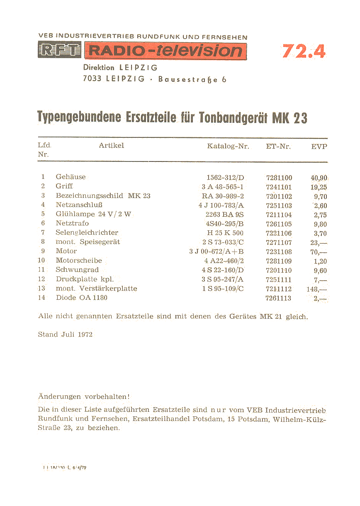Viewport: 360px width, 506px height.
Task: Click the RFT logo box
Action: [x=59, y=51]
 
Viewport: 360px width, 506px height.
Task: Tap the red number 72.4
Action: [x=304, y=51]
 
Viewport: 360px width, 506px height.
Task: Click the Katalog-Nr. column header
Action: [x=228, y=146]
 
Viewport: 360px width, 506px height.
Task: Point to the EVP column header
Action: [x=319, y=146]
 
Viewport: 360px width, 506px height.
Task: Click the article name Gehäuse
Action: [x=71, y=177]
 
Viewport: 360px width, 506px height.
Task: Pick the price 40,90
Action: [x=319, y=178]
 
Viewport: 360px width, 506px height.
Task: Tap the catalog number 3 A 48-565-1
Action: [x=222, y=187]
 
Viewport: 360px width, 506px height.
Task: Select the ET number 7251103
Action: [x=279, y=205]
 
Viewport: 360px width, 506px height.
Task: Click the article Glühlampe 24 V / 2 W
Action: [x=93, y=214]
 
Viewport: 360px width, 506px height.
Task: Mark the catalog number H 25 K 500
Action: [x=225, y=233]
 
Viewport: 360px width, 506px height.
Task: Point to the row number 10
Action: [x=41, y=261]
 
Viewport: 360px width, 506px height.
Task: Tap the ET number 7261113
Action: [x=279, y=298]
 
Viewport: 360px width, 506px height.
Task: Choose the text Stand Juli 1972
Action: [x=65, y=334]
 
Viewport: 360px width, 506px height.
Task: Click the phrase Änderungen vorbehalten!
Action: [x=84, y=396]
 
